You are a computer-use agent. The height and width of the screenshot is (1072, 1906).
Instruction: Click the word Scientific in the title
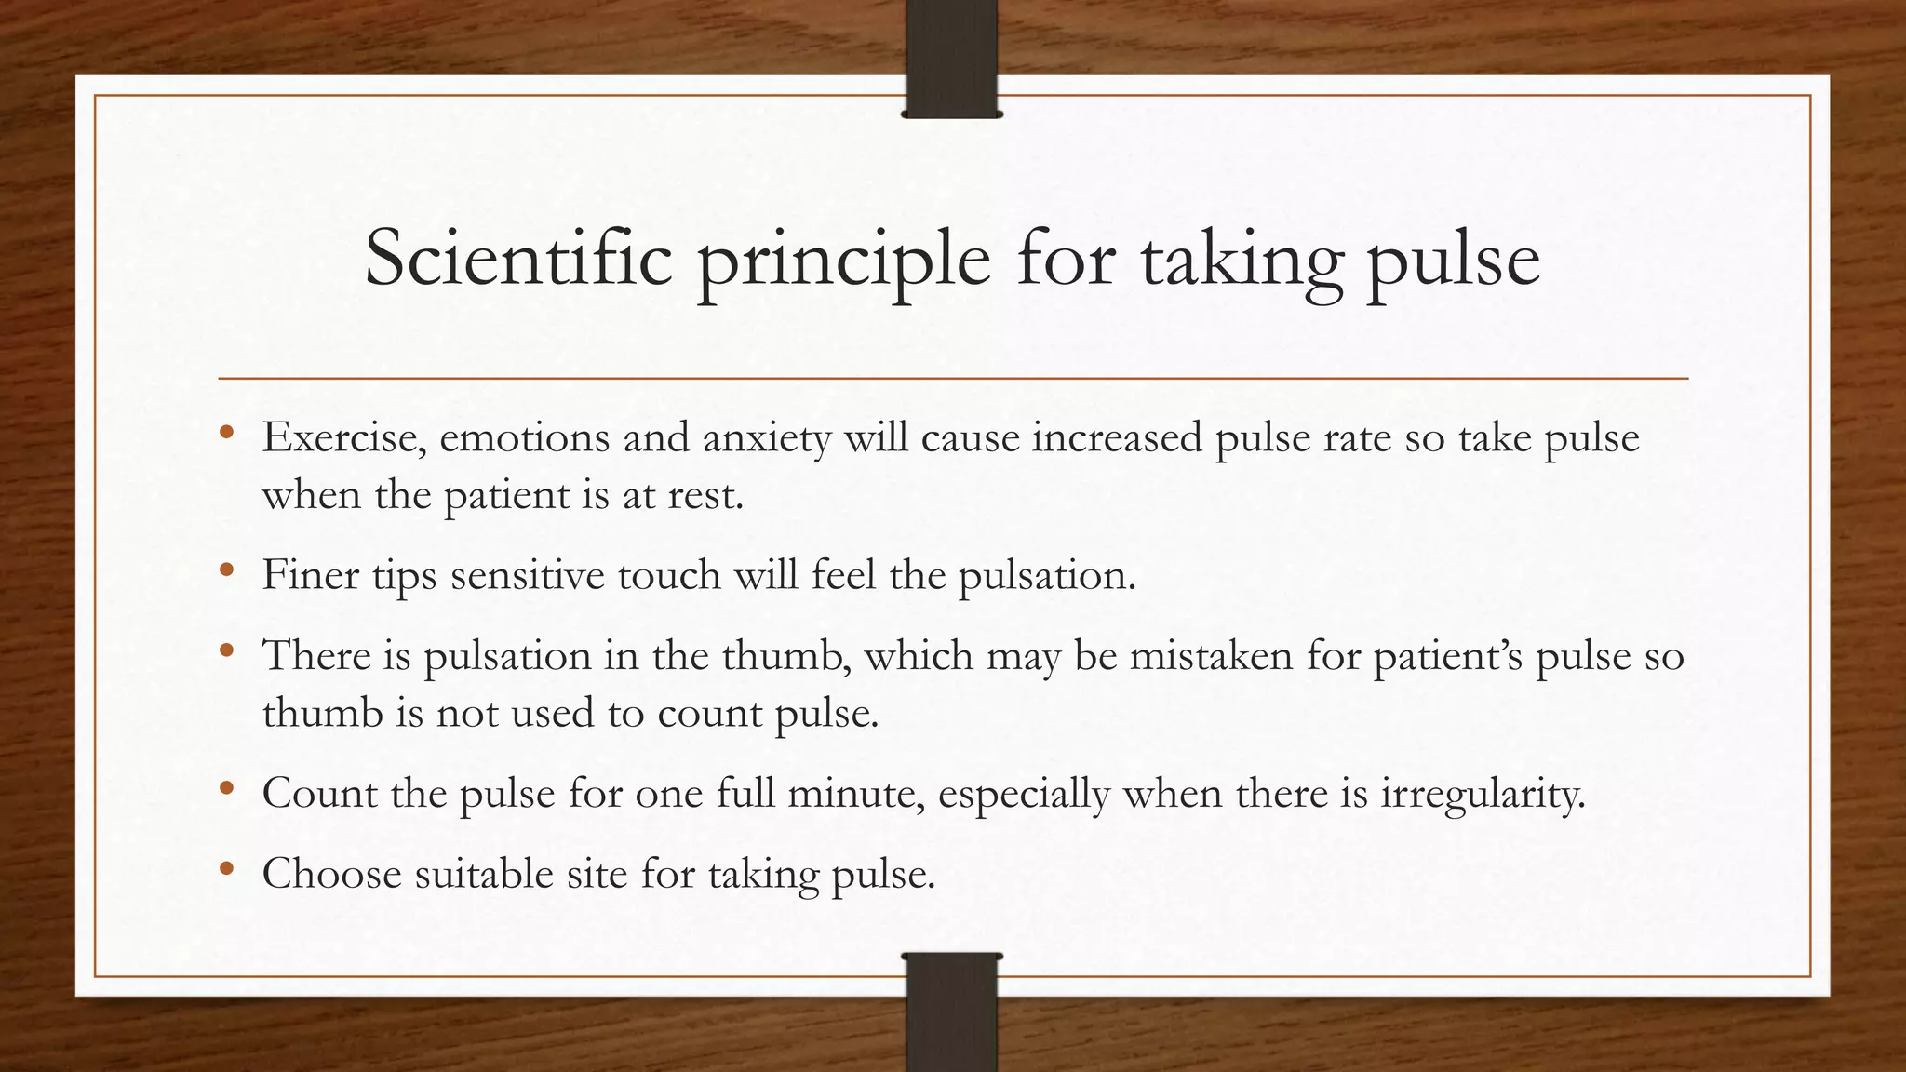click(x=517, y=258)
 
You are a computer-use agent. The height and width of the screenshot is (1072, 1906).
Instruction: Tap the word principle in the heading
click(x=843, y=261)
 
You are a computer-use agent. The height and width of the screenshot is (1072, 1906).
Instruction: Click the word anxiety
click(x=767, y=438)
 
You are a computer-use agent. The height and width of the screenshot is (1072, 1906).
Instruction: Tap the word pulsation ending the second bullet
click(x=1046, y=575)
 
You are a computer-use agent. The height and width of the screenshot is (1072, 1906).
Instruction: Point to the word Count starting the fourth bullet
click(x=319, y=794)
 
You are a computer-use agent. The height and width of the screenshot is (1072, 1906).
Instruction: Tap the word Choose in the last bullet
click(x=331, y=874)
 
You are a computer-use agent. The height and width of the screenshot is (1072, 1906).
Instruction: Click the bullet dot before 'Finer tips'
click(x=226, y=569)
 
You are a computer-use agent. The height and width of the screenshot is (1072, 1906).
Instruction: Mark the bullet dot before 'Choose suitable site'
click(x=226, y=868)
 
